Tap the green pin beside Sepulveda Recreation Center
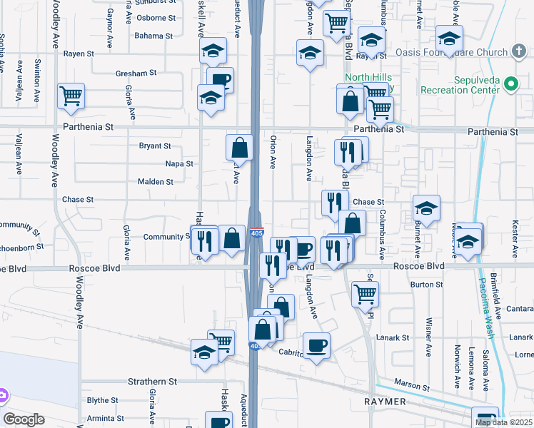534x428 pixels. (x=511, y=84)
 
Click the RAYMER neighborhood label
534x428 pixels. (x=386, y=402)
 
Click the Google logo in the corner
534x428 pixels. (x=24, y=419)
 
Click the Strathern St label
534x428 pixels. (x=152, y=382)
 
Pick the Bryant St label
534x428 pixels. (x=155, y=146)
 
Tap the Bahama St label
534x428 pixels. (x=153, y=36)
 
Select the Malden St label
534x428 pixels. (x=155, y=182)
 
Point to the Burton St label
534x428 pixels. (x=427, y=285)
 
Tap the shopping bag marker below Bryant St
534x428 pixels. (x=239, y=148)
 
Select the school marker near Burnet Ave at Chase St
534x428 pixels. (x=426, y=208)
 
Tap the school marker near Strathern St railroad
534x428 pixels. (x=204, y=352)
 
